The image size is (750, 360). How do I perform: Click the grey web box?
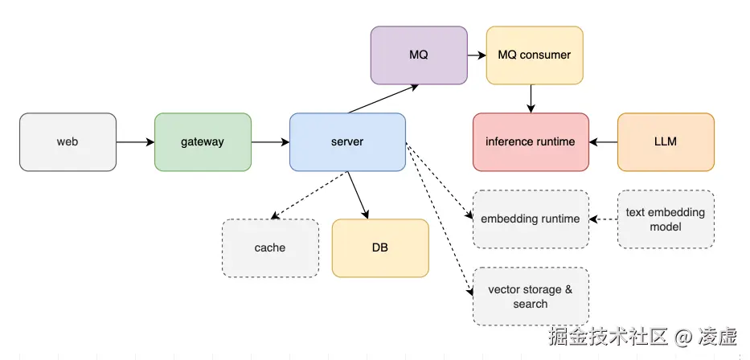click(x=68, y=142)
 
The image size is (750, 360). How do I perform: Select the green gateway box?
click(x=203, y=142)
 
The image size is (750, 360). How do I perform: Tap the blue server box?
click(x=347, y=142)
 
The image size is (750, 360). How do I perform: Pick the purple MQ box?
click(x=419, y=55)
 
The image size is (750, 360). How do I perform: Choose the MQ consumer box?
click(x=535, y=55)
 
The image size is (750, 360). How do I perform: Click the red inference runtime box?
click(x=531, y=142)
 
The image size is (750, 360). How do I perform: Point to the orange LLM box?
click(x=666, y=142)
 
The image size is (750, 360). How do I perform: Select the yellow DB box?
click(x=380, y=248)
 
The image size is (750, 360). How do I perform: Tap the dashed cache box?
click(x=270, y=248)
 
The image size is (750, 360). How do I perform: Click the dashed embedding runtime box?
click(x=531, y=219)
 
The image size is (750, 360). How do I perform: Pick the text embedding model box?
click(x=666, y=219)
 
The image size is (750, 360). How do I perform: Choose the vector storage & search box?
click(x=531, y=297)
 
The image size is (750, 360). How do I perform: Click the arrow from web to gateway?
click(x=135, y=142)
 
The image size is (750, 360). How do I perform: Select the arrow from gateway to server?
click(x=270, y=142)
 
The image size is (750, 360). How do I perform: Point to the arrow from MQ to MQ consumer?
click(x=477, y=55)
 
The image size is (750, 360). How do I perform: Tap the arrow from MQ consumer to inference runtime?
click(x=531, y=98)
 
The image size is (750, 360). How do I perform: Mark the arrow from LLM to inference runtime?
click(x=603, y=142)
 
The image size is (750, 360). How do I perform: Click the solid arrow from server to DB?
click(x=358, y=194)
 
